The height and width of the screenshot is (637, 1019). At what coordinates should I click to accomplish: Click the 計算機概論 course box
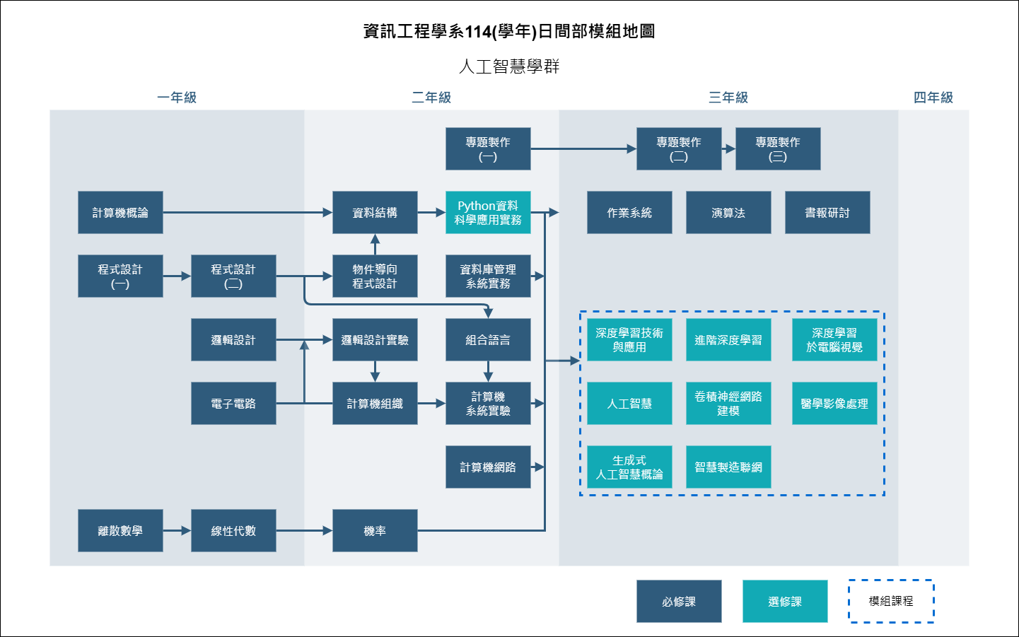120,212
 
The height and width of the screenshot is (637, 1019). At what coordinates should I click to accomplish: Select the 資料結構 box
375,212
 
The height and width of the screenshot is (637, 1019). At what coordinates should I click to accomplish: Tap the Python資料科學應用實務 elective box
488,212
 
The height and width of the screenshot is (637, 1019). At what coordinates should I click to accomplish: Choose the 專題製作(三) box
778,148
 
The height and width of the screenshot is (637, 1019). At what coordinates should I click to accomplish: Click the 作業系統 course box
629,212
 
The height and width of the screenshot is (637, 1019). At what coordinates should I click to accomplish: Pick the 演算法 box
728,212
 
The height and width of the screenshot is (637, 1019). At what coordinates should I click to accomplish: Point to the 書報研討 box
827,212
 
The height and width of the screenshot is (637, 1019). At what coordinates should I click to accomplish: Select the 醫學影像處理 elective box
834,403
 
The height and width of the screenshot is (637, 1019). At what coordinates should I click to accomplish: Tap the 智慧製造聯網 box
728,467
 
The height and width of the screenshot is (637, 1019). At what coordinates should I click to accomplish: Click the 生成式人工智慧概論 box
629,467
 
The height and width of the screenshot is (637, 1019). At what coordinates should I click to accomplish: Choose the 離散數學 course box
120,530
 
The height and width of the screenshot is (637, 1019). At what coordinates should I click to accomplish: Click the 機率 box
375,530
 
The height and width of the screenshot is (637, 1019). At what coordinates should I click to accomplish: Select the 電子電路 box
233,403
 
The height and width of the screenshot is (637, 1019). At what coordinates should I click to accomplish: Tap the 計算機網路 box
488,467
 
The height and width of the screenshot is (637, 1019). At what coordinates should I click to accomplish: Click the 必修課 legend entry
679,601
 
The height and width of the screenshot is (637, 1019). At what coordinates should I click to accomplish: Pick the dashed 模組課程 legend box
891,601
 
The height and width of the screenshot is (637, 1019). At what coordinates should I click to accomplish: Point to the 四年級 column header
933,98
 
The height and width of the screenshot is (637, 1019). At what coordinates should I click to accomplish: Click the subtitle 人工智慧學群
509,66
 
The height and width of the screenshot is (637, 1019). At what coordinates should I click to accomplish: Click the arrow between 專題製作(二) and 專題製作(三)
728,148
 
